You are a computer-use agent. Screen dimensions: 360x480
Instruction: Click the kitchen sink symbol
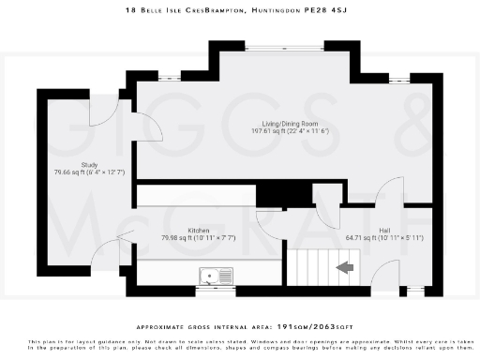(217, 275)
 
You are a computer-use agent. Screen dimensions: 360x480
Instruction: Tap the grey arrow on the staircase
(345, 267)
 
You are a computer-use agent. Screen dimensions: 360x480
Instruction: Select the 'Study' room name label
(89, 165)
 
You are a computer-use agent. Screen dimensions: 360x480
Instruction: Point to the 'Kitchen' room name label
(199, 230)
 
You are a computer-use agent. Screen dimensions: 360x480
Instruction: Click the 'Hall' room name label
(385, 230)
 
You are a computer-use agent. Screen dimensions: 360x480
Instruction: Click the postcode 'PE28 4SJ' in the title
(337, 10)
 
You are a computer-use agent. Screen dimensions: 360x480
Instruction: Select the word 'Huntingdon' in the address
(287, 10)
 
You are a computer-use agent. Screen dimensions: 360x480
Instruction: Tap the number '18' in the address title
(130, 10)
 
